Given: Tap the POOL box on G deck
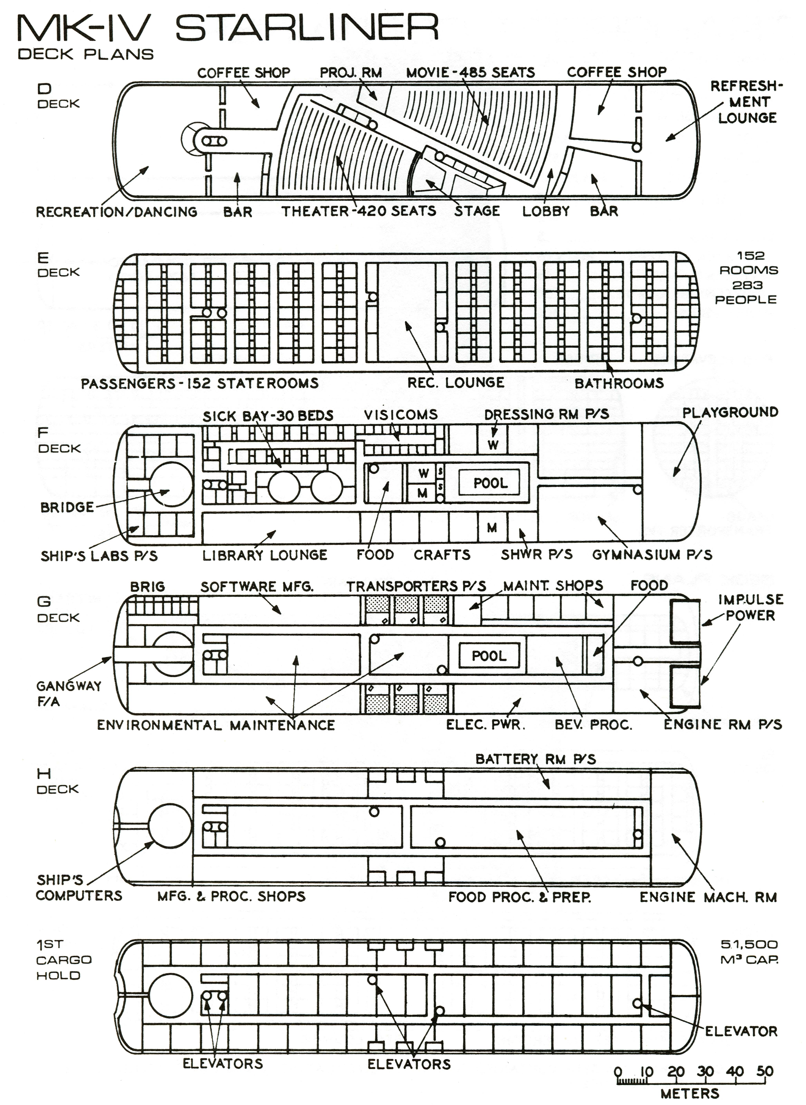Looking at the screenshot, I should [x=489, y=656].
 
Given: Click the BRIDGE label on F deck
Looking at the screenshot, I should [x=67, y=507].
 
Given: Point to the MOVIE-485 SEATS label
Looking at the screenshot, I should [x=470, y=73].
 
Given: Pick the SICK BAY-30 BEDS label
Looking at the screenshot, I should [x=268, y=416].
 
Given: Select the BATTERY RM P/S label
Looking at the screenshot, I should [x=535, y=759].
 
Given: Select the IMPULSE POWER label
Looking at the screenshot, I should [x=750, y=607].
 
